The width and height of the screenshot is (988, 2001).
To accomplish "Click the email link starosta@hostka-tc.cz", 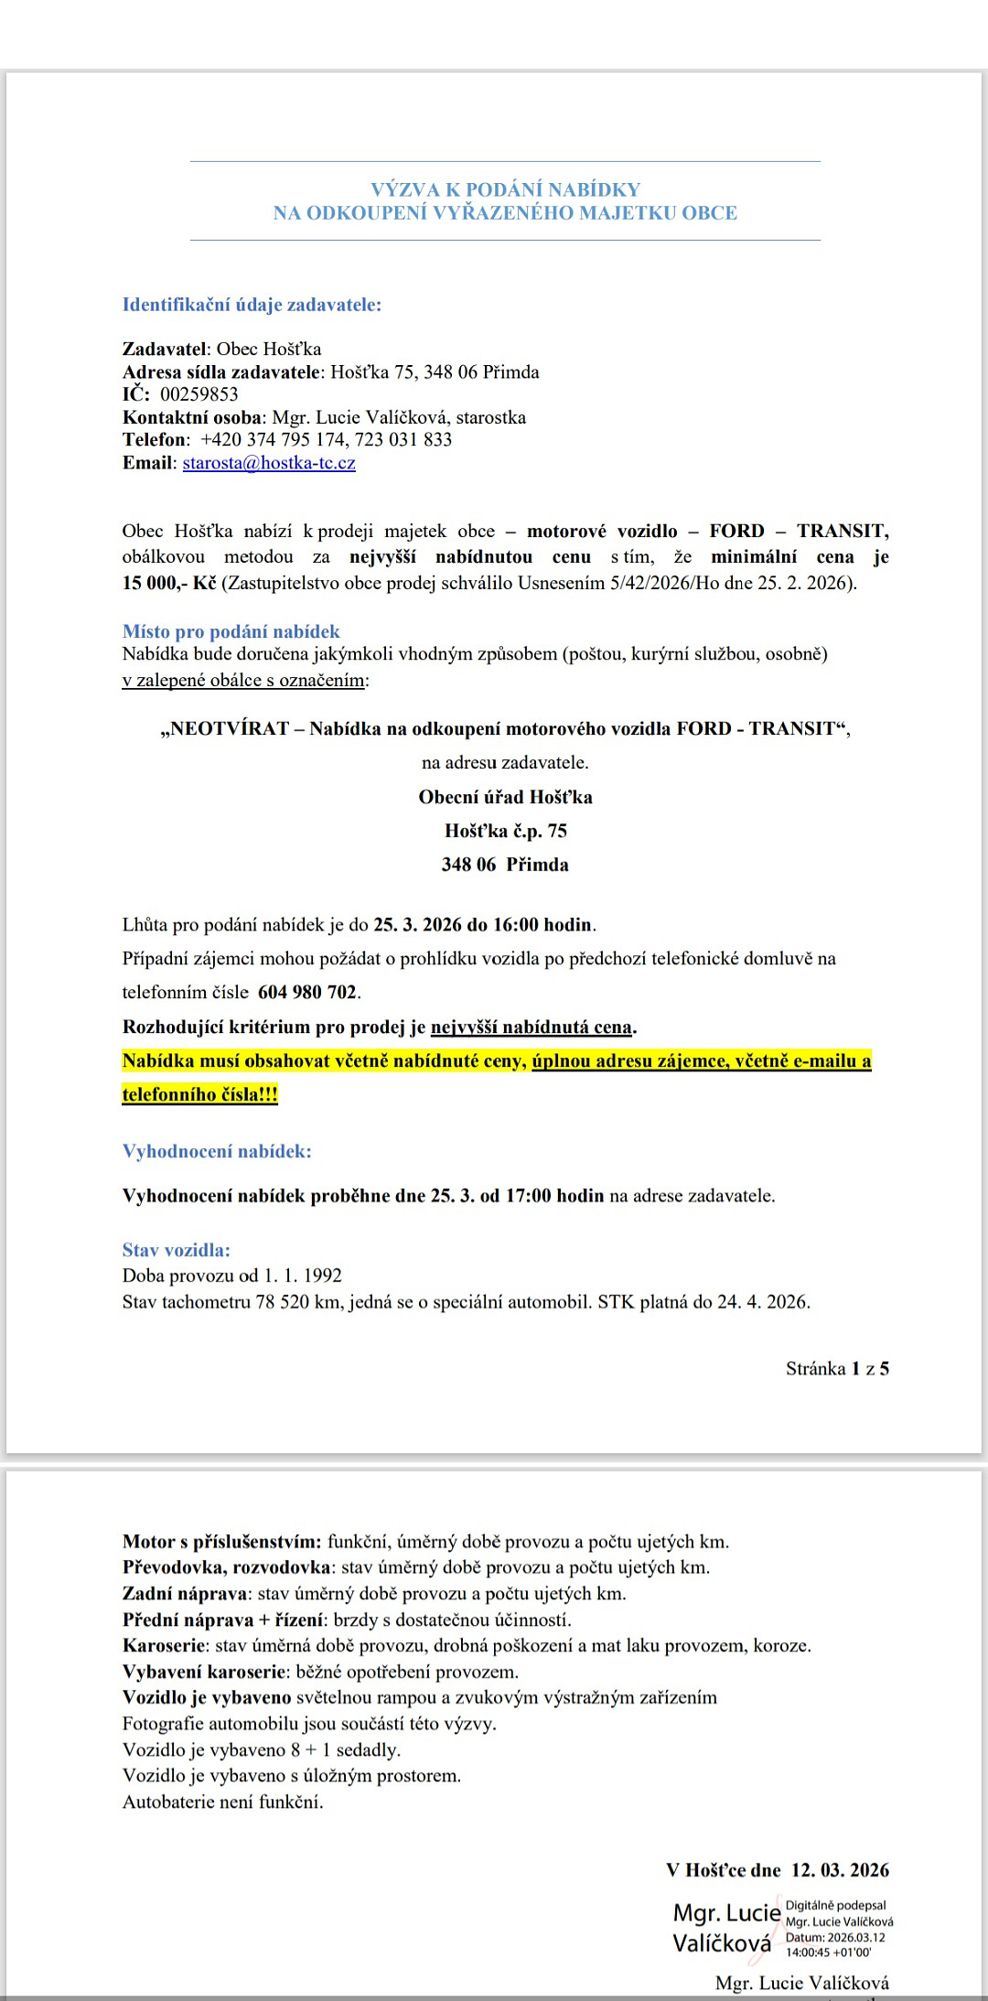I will click(x=269, y=463).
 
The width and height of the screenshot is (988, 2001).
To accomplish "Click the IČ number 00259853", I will click(x=199, y=394).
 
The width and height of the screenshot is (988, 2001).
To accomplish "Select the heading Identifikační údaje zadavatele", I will click(x=252, y=305).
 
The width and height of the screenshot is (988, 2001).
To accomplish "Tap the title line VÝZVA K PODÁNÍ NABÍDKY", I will click(x=505, y=189).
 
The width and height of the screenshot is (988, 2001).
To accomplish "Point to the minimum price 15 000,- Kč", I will click(x=169, y=583).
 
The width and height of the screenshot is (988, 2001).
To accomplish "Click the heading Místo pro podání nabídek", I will click(x=231, y=631).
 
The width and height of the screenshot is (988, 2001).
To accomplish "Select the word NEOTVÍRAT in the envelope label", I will click(x=229, y=729).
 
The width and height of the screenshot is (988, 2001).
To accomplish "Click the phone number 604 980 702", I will click(x=307, y=993).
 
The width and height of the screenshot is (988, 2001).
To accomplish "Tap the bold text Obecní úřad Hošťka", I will click(x=505, y=797).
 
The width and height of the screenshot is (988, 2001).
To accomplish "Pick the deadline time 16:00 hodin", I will click(x=544, y=925).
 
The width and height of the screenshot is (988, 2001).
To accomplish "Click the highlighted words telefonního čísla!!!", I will click(x=199, y=1095).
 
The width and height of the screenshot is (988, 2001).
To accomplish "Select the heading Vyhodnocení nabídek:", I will click(x=217, y=1152).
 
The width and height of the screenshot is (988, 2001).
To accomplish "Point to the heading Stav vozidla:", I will click(x=176, y=1250).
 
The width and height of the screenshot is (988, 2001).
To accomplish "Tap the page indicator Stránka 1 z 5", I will click(x=837, y=1369).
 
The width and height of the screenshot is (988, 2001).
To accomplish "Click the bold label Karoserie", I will click(x=164, y=1646).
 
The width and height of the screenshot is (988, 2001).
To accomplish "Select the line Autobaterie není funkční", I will click(x=222, y=1802).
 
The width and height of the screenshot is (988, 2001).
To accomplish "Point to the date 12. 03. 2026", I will click(x=840, y=1871).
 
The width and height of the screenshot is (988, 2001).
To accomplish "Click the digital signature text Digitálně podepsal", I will click(x=835, y=1906).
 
